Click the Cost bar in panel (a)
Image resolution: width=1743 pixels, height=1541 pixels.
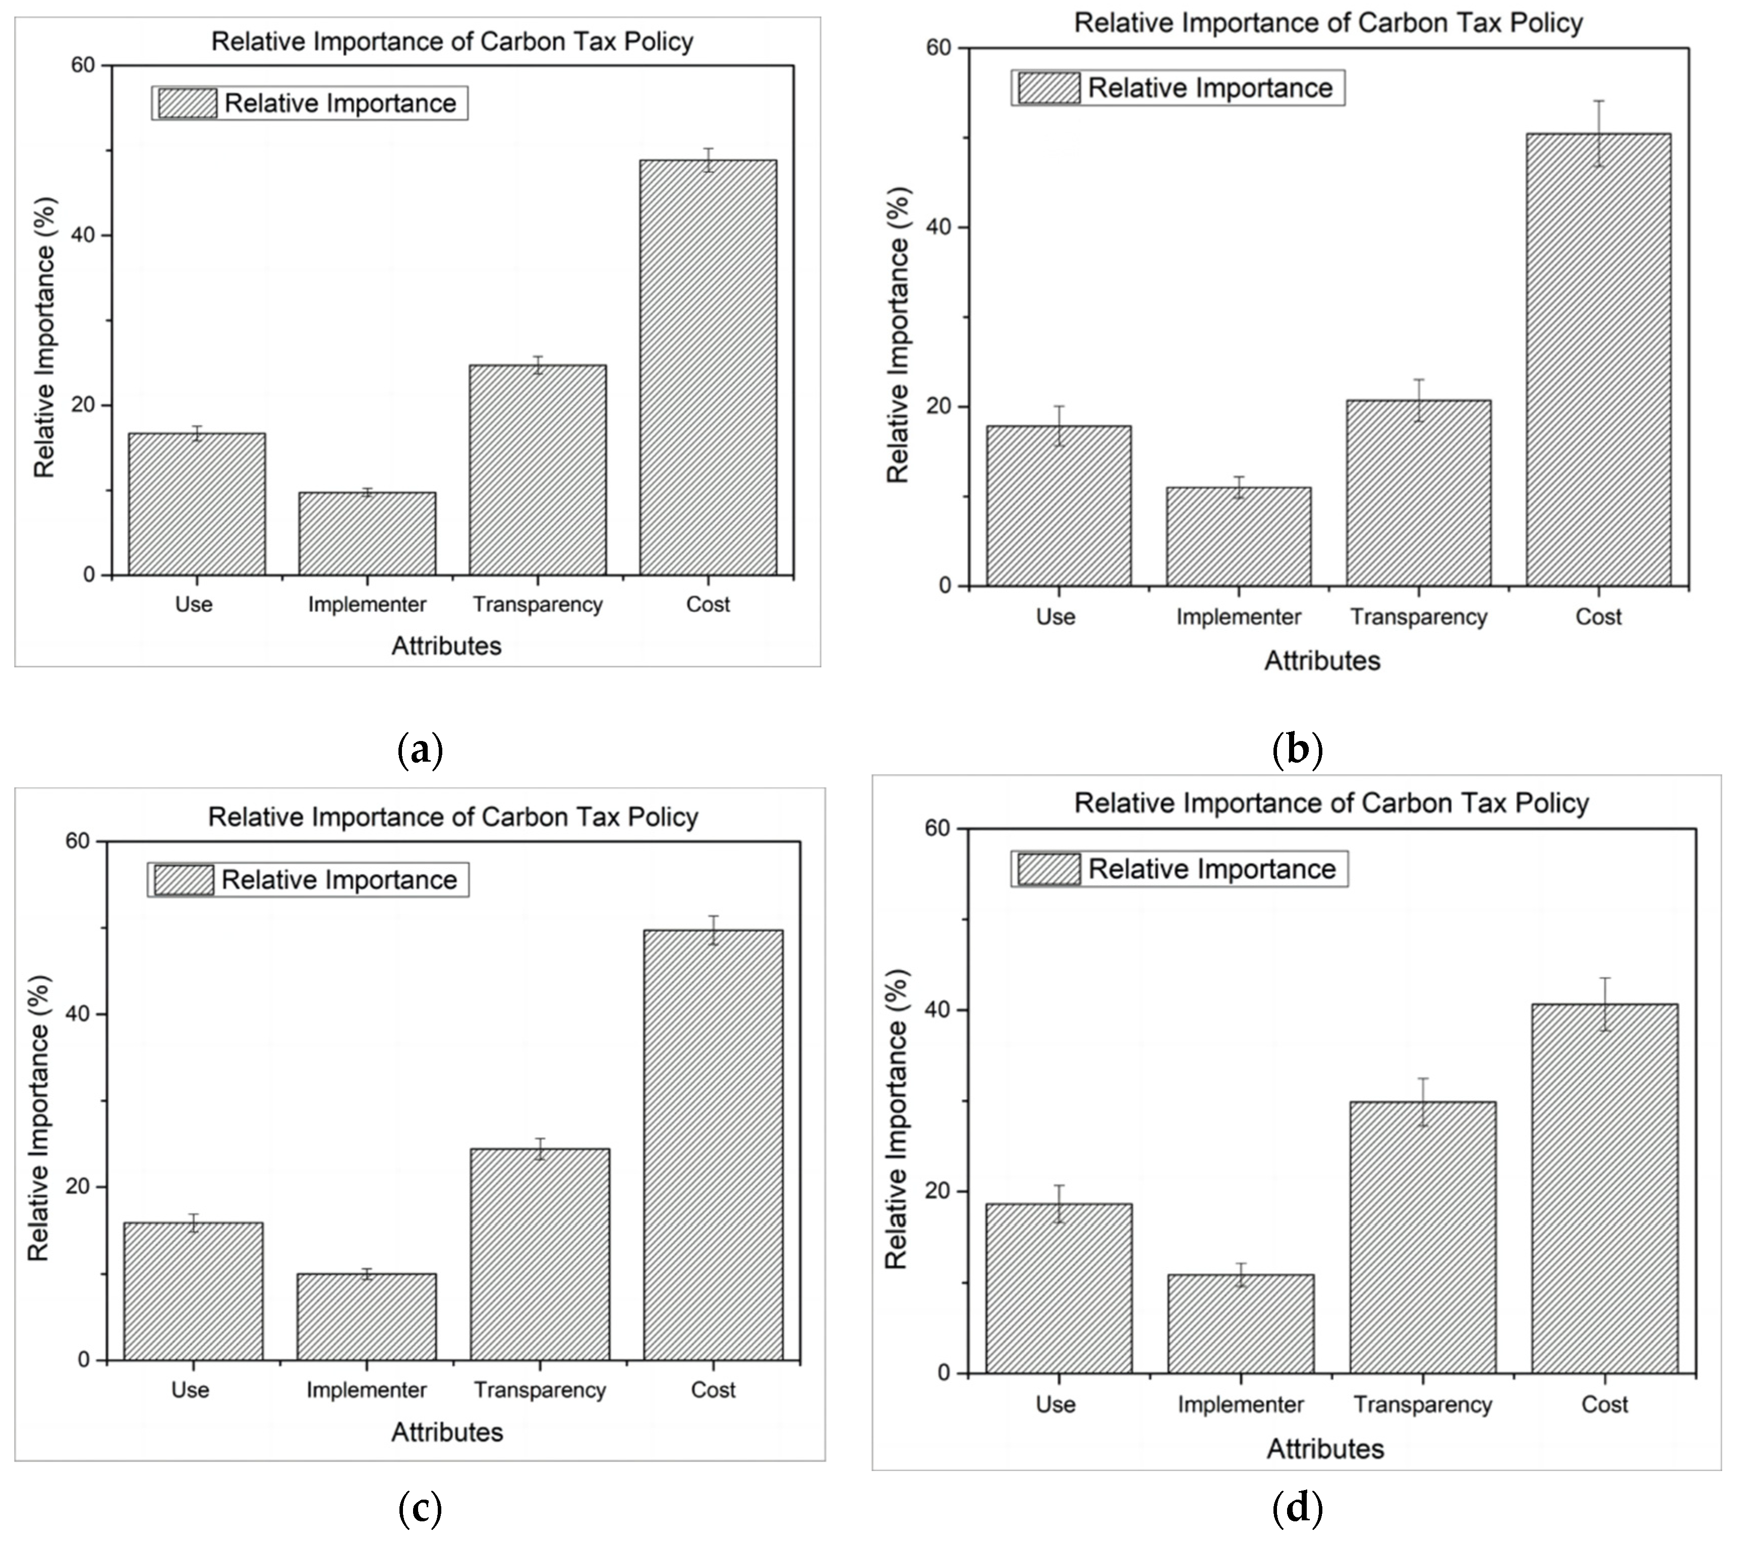coord(708,367)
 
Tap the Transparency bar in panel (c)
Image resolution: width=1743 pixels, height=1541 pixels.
coord(540,1253)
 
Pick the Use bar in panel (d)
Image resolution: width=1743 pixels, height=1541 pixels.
coord(1058,1288)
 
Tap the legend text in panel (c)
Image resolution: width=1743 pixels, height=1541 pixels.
coord(339,879)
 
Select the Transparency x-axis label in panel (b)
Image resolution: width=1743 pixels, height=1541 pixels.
coord(1418,616)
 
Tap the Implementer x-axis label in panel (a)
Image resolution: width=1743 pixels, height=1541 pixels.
coord(367,605)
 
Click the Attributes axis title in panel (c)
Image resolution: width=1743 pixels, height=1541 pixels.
coord(447,1432)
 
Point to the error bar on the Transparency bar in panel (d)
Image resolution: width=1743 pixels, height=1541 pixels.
coord(1422,1102)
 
